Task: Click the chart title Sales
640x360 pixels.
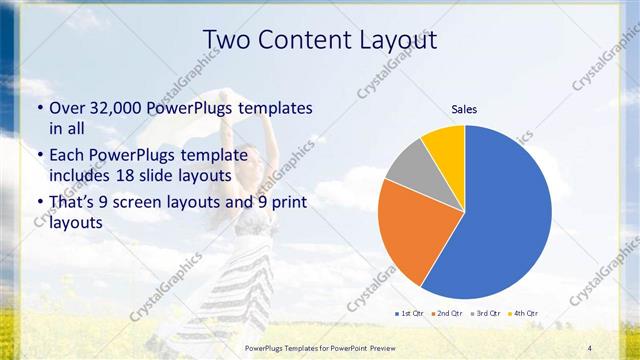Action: pyautogui.click(x=464, y=108)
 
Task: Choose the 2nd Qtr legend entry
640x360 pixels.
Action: pyautogui.click(x=446, y=314)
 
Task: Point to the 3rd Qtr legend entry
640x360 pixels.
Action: pyautogui.click(x=486, y=314)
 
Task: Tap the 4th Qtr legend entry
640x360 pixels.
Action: pyautogui.click(x=523, y=314)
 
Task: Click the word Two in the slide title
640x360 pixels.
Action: pyautogui.click(x=227, y=39)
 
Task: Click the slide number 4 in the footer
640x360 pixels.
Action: pyautogui.click(x=589, y=347)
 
